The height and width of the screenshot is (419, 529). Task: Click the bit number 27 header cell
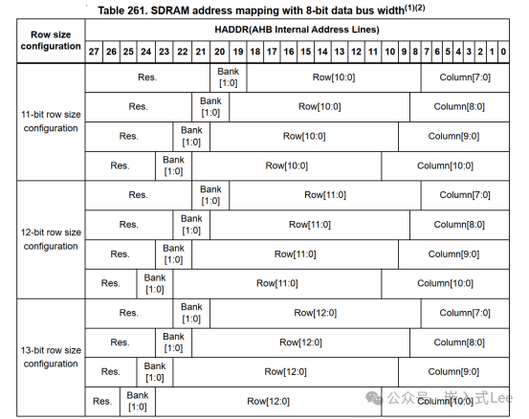93,51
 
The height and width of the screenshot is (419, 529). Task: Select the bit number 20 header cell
220,51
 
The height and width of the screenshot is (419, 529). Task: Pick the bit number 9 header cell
404,51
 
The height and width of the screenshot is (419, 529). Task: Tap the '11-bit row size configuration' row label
51,121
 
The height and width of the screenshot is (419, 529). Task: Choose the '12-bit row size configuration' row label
51,240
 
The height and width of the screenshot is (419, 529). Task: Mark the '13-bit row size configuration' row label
51,357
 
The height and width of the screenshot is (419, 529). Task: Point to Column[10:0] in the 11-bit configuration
445,165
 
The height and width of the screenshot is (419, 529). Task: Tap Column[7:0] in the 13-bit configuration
467,313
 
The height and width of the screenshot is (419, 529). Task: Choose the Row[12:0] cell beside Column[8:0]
300,342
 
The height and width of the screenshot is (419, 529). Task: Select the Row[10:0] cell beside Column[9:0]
305,136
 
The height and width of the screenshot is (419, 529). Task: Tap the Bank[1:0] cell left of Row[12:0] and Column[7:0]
191,313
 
